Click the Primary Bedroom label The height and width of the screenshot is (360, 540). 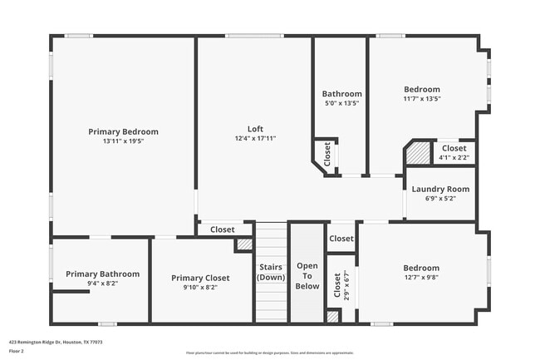123,131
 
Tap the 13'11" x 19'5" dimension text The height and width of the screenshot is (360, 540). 123,141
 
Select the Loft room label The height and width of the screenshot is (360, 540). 255,129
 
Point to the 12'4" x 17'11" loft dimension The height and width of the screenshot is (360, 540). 255,138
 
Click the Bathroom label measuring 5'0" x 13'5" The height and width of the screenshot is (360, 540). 341,94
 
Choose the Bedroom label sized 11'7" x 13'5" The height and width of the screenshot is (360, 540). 422,90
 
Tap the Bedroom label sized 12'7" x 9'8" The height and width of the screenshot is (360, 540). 421,268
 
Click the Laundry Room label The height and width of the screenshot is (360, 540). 440,189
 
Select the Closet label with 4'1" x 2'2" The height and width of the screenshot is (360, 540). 454,148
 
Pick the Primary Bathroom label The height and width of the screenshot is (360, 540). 102,274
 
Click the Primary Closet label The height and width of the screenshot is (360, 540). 200,278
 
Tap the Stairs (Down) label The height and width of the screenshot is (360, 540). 271,272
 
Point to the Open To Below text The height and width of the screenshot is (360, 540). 307,276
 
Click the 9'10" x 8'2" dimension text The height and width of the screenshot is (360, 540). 200,288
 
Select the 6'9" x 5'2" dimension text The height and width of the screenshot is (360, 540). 440,199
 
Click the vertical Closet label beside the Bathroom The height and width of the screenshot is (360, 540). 327,155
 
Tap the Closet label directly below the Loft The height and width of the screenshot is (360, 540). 222,229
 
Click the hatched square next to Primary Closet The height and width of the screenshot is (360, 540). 243,244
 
